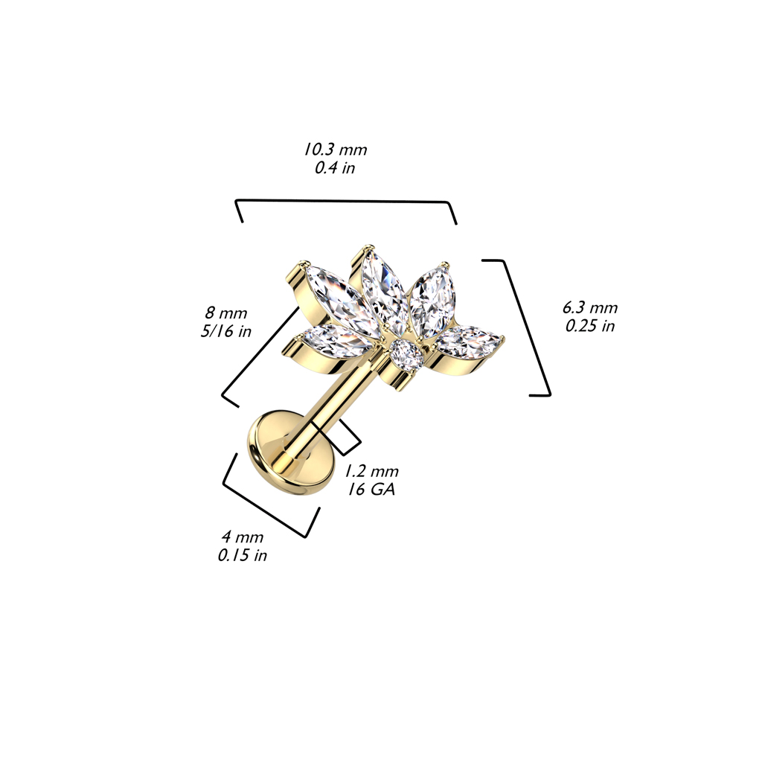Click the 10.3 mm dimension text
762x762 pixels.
click(336, 149)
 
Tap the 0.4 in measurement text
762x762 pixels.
click(335, 168)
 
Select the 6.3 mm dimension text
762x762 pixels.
click(590, 307)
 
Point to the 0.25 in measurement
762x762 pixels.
click(590, 326)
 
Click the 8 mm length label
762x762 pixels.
click(226, 313)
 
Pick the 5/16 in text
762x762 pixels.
click(226, 331)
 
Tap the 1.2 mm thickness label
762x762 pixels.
click(372, 471)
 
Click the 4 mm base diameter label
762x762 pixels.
click(243, 537)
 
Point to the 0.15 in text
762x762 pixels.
click(243, 555)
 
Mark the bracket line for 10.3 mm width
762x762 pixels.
click(346, 201)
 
